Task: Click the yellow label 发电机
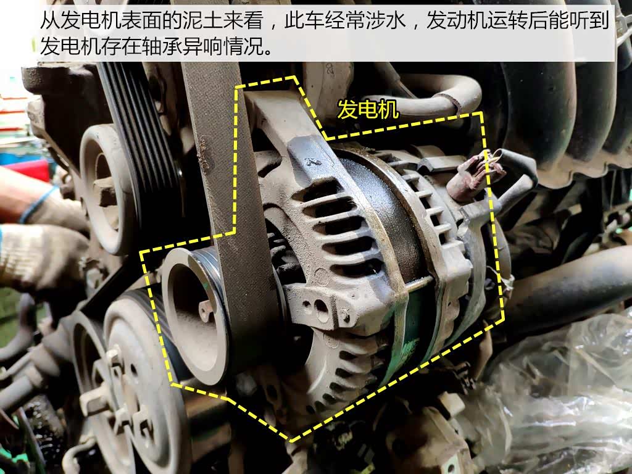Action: pyautogui.click(x=368, y=109)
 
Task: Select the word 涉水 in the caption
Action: pyautogui.click(x=386, y=20)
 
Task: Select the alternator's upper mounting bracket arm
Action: pyautogui.click(x=282, y=121)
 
